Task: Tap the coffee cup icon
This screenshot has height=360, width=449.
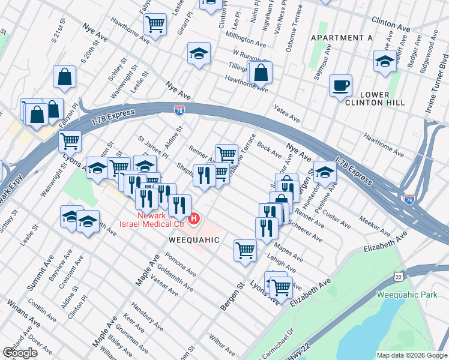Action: pos(340,85)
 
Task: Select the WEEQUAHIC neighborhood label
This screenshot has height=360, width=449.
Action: pos(193,239)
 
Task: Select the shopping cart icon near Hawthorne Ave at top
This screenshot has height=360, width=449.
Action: pos(155,25)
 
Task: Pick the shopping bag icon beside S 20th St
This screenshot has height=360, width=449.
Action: pos(64,77)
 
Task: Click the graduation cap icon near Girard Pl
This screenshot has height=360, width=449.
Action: pos(199,53)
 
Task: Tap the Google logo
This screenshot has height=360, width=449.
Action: pos(20,353)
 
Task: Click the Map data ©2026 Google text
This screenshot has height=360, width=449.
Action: pos(411,355)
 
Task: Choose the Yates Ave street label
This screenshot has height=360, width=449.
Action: pos(286,115)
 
